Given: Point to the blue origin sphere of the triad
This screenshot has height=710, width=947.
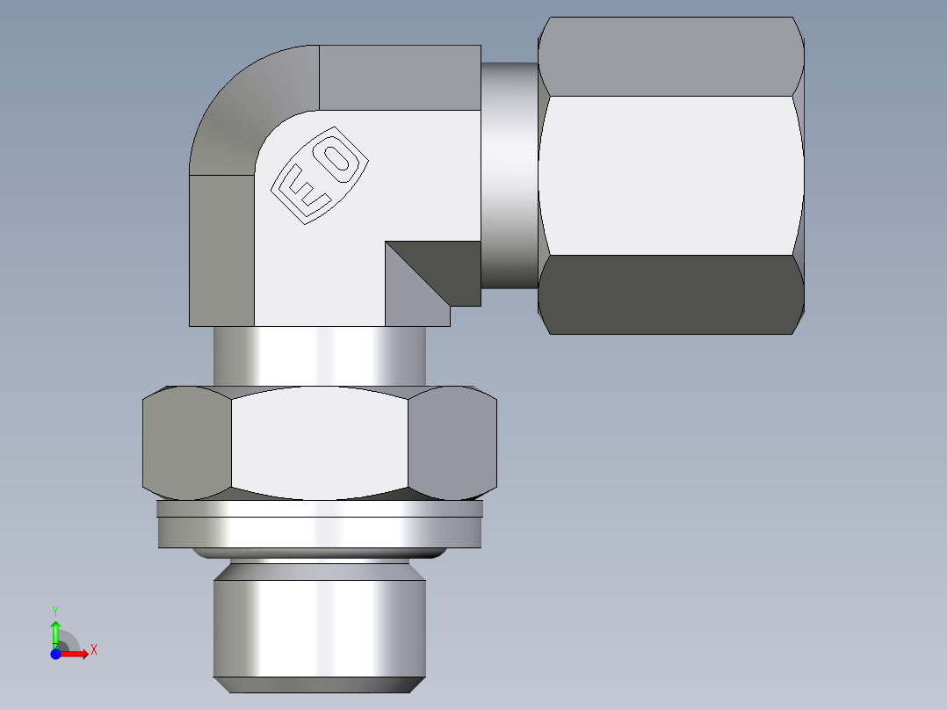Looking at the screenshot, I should pos(55,654).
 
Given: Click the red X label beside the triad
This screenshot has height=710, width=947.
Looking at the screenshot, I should pos(93,650).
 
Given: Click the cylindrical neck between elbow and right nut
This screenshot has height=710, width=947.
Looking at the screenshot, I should pos(509,176).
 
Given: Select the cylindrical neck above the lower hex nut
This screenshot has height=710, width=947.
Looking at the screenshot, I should pos(320,355).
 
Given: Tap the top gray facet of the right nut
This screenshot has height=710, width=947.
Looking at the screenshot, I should pos(671,56).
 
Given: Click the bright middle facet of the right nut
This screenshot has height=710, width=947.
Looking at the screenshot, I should pos(671,176).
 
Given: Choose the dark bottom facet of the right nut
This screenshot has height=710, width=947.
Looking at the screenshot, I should pos(671,294).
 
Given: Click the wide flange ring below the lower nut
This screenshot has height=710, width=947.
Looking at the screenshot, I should pos(320,532).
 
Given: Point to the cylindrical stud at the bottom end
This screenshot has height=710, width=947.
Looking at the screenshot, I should pos(320,628).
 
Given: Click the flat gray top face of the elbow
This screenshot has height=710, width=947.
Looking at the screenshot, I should pos(400,77).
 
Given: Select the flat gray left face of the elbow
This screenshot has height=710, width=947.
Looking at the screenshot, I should pos(221,250).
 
